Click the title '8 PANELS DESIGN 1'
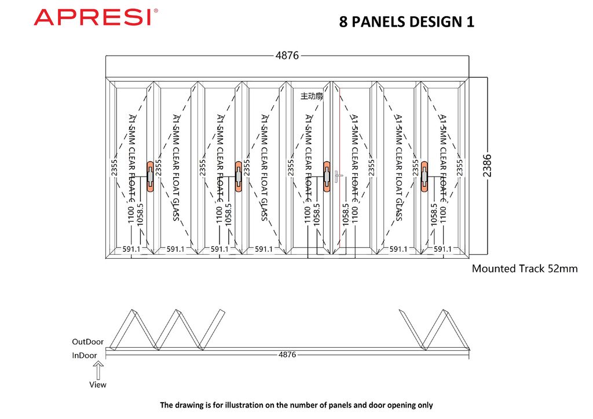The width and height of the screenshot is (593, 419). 407,22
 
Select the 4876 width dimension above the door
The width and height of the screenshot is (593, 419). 287,56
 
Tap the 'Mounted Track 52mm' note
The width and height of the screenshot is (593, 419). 525,269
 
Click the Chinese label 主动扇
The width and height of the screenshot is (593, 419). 312,96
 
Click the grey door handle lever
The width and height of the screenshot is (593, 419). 338,175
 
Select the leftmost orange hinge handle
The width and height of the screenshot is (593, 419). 151,175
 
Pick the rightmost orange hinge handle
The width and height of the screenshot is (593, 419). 424,175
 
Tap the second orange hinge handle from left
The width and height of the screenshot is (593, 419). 239,175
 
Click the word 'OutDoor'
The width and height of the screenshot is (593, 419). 88,341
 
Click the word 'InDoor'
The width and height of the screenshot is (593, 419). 85,355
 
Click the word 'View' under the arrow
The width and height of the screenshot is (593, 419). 98,384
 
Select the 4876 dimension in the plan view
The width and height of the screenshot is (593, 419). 287,354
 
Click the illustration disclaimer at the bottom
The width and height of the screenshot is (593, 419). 296,405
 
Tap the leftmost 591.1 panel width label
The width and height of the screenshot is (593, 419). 131,249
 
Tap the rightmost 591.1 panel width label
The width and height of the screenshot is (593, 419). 442,249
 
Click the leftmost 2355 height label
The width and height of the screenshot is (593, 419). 114,168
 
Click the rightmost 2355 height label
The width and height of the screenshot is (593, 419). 460,168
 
